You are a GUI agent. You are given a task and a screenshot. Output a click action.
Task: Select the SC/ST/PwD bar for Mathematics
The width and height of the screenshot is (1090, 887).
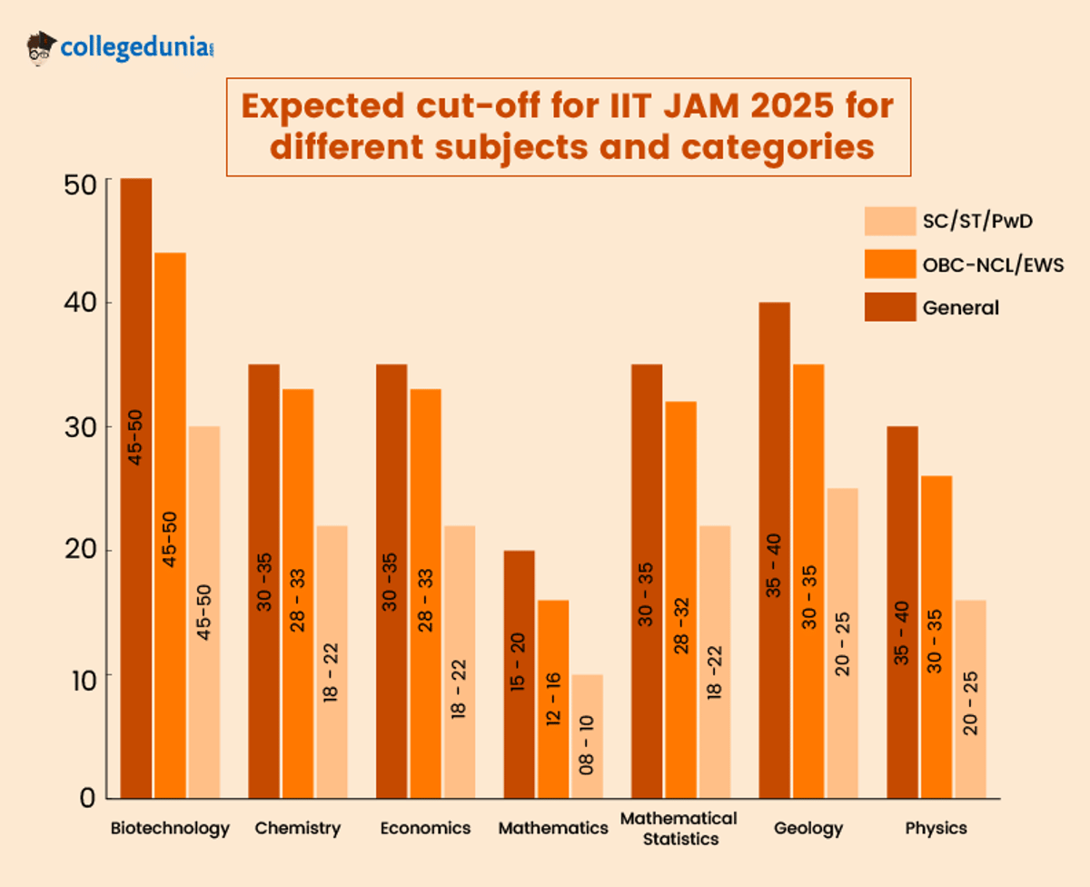pos(587,736)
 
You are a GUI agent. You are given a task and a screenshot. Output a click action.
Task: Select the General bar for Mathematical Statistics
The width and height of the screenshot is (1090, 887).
pos(646,581)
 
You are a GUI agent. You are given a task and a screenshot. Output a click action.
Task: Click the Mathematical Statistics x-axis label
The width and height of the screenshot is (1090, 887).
pos(679,828)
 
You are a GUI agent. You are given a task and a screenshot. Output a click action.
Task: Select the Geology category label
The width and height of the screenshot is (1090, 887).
pos(808,828)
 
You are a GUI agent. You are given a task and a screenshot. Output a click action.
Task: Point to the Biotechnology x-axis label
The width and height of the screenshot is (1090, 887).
pos(170,828)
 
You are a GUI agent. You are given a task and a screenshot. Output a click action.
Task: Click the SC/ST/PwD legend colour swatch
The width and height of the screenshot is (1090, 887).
pos(889,221)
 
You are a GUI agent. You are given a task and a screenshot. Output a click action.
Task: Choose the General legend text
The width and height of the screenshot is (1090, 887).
pos(960,308)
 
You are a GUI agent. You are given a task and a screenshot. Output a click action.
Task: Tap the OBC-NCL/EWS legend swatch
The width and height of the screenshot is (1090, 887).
pos(889,264)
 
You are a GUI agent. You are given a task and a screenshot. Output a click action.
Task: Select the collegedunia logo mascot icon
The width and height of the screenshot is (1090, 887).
pos(42,47)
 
